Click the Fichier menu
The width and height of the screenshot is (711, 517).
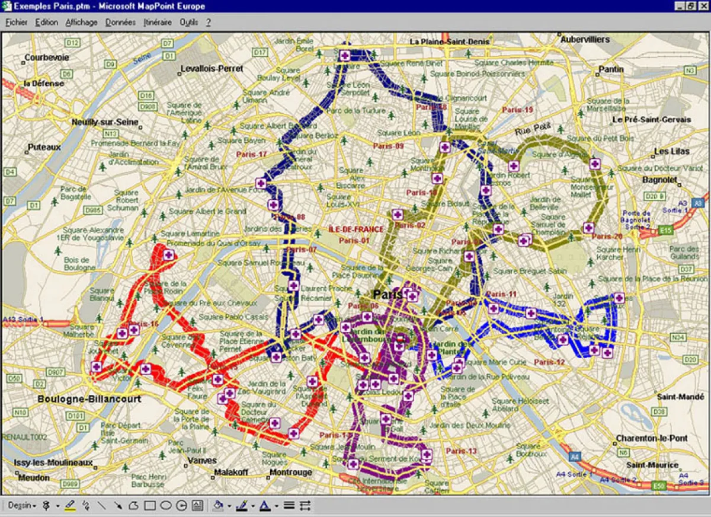coord(17,23)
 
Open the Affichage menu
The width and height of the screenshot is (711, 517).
coord(82,23)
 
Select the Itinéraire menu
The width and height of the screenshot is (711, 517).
coord(158,23)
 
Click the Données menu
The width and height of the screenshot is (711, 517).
coord(121,23)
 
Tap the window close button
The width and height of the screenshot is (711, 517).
coord(703,6)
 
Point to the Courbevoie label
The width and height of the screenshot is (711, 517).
coord(47,58)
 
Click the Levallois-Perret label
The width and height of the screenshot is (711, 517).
coord(212,69)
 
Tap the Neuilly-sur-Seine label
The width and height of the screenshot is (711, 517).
coord(105,122)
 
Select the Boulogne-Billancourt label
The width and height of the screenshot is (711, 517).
coord(89,399)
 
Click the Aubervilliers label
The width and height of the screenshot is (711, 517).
coord(585,40)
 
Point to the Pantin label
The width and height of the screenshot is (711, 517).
coord(611,69)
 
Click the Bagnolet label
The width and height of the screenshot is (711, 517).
coord(659,180)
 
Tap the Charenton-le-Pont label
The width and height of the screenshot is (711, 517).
coord(652,438)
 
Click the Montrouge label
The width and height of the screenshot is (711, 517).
coord(290,473)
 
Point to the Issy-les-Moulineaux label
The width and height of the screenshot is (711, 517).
coord(54,462)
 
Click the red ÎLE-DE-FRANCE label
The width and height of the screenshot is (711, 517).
coord(356,229)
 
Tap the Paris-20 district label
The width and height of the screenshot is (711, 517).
coord(607,237)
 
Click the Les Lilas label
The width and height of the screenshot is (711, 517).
coord(672,152)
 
